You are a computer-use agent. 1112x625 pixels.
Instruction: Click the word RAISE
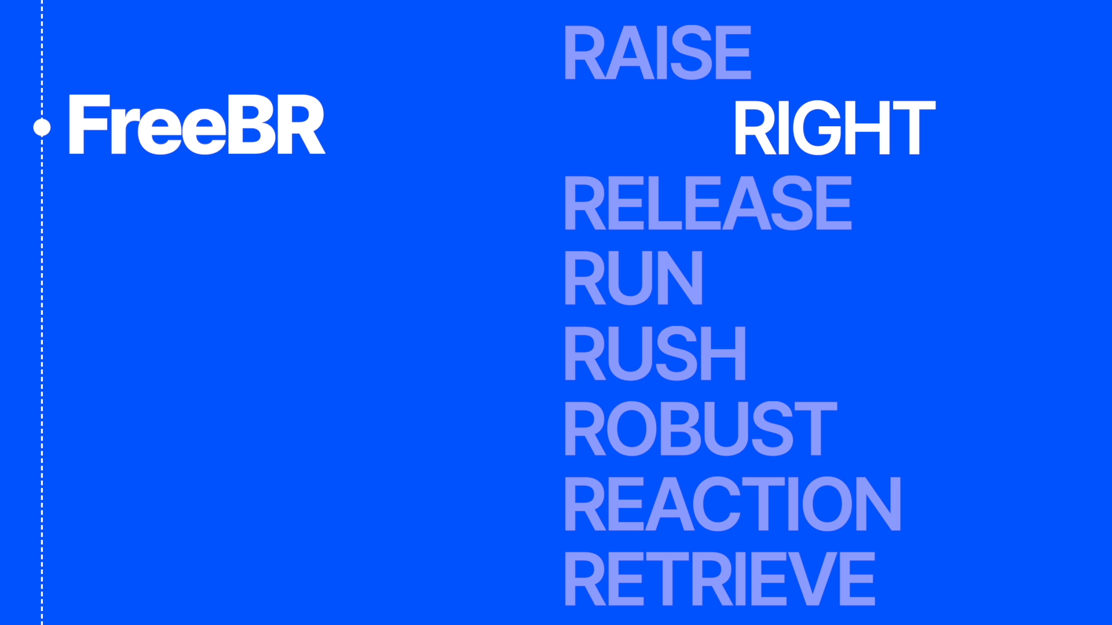pyautogui.click(x=658, y=53)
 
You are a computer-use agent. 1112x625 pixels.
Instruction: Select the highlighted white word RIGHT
pyautogui.click(x=835, y=128)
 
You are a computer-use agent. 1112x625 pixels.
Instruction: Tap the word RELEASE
pyautogui.click(x=708, y=203)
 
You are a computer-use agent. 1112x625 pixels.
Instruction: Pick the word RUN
pyautogui.click(x=634, y=278)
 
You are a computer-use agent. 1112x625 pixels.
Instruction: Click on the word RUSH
pyautogui.click(x=655, y=353)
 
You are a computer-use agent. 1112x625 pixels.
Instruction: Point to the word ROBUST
pyautogui.click(x=701, y=428)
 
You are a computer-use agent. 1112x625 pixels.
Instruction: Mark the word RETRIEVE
pyautogui.click(x=720, y=578)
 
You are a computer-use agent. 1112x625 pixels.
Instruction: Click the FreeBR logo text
pyautogui.click(x=197, y=125)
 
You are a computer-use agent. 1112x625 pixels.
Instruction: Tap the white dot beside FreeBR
pyautogui.click(x=42, y=127)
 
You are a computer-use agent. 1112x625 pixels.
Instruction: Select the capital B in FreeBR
pyautogui.click(x=251, y=125)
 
